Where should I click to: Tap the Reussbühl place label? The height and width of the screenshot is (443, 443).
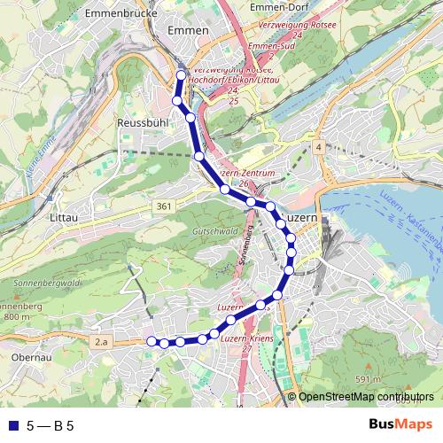[141, 123]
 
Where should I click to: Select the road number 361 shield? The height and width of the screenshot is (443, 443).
[162, 206]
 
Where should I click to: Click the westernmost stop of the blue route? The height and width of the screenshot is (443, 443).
[151, 341]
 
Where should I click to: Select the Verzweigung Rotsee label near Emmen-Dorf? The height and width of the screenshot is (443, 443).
[287, 25]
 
